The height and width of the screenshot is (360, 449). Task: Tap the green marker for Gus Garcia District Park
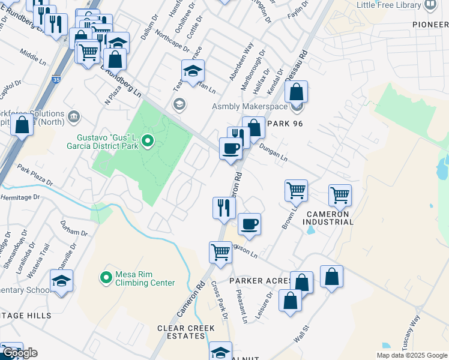coord(149,142)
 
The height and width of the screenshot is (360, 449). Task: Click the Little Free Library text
coord(388,5)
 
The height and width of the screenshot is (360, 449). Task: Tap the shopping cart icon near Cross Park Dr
coord(220,252)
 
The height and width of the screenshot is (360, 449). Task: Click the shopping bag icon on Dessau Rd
coord(296,92)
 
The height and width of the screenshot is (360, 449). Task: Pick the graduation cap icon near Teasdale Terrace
coord(193,71)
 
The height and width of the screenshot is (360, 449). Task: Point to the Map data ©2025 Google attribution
coord(411,355)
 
